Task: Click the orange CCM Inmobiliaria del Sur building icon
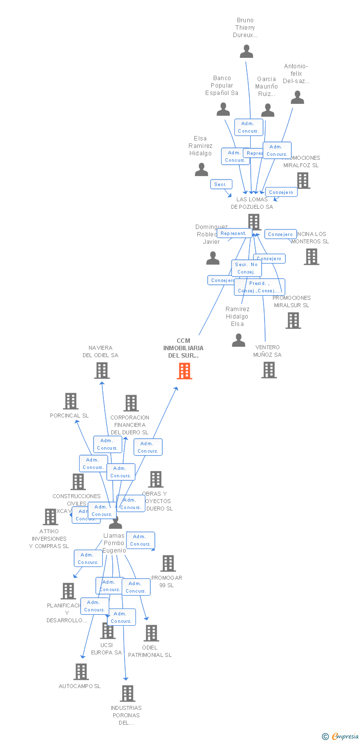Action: coord(184,371)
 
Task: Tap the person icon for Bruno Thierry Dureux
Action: coord(246,51)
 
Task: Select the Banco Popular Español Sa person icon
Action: coord(224,109)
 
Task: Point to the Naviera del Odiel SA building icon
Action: coord(102,371)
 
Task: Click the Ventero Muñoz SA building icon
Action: coord(269,370)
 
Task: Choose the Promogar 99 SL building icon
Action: coord(168,563)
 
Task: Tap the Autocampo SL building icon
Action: coord(81,672)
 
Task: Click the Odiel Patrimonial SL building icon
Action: coord(151,633)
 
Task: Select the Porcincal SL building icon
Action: coord(71,401)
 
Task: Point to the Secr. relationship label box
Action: coord(221,185)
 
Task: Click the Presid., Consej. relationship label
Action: coord(260,287)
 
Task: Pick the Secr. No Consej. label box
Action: coord(246,268)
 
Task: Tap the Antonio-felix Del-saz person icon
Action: coord(297,97)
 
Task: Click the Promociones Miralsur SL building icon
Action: coord(293,321)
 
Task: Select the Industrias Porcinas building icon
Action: coord(128,694)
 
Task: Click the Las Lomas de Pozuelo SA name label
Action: coord(252,203)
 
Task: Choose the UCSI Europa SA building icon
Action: coord(108,631)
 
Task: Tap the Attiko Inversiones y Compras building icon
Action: coord(50,517)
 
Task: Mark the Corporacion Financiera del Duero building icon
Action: coord(131,403)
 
